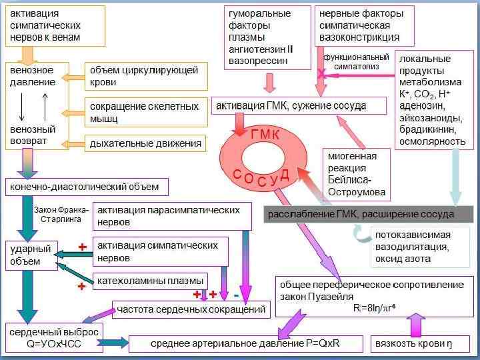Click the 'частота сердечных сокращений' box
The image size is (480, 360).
pyautogui.click(x=191, y=309)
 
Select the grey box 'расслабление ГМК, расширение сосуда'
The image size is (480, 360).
pyautogui.click(x=369, y=214)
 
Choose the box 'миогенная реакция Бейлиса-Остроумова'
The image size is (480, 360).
pyautogui.click(x=357, y=173)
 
